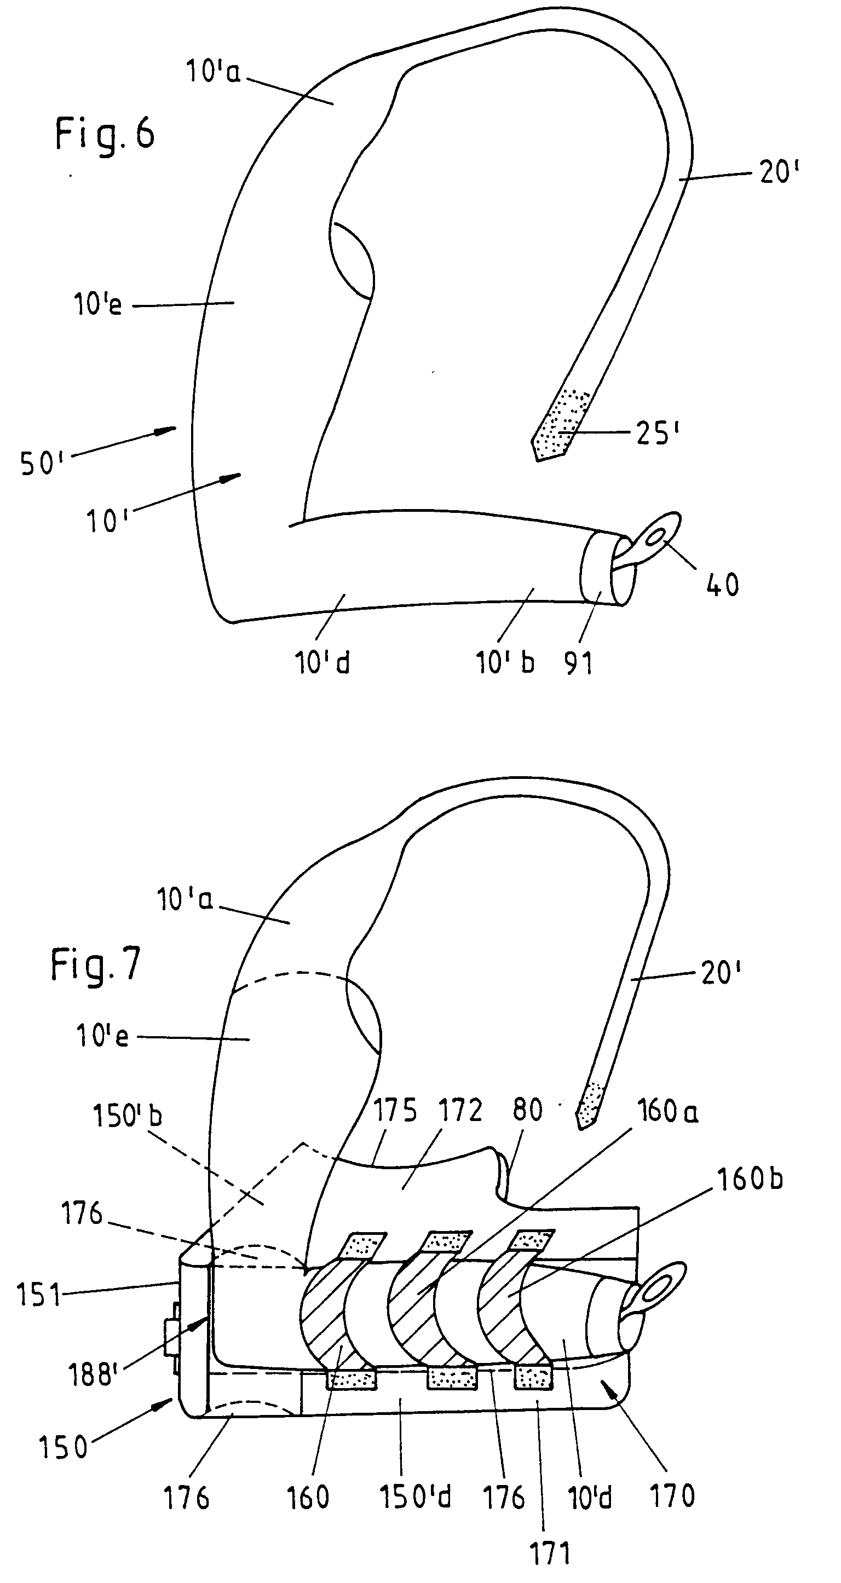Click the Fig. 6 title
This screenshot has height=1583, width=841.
105,134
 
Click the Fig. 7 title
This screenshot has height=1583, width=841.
95,964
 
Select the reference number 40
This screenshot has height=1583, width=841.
722,585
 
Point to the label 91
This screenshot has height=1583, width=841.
579,663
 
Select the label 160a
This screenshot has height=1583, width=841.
667,1110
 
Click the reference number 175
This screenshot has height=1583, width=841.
395,1110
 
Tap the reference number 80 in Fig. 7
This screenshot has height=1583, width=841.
527,1110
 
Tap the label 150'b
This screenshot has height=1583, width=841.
127,1115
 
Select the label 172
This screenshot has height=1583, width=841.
460,1110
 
